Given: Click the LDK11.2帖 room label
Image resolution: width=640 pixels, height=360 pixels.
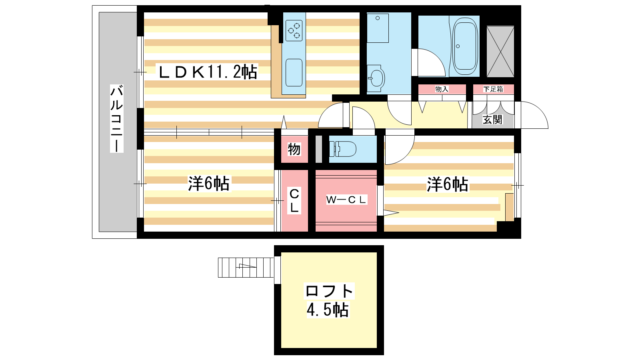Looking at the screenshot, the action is coord(208,72).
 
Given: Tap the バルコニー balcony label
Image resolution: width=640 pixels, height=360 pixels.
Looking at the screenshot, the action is coord(116,118).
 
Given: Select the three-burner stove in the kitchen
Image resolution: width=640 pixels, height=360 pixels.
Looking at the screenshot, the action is coord(294,30).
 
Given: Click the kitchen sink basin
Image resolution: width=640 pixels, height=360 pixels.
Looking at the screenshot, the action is coord(294,72).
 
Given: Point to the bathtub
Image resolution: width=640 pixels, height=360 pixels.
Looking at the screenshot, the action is coord(465,46).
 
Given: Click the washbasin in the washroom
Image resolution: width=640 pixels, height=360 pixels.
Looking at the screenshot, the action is coord(376,78).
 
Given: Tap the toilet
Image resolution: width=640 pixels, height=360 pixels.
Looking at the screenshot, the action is coord(343,149).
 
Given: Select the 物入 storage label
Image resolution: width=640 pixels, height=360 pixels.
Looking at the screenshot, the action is coord(442,89).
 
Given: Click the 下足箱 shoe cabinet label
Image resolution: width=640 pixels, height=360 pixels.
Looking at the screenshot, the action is coord(493,89).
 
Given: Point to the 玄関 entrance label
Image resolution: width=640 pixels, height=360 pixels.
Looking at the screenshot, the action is coord(492,120).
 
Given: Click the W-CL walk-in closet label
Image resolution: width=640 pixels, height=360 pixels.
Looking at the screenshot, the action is coord(346,200).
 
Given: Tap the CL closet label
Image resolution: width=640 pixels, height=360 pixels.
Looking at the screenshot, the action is coord(294,200).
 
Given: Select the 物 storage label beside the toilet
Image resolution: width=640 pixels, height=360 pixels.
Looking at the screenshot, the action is coord(294,149).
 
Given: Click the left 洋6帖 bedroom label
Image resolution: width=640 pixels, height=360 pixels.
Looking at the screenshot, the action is coord(208,184).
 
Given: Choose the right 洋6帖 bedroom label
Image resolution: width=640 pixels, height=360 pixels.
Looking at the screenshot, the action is coord(448,184).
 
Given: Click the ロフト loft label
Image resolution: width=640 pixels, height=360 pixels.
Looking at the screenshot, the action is coord(330,291).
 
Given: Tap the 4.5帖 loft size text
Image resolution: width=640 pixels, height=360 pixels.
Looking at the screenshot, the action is coord(328,310).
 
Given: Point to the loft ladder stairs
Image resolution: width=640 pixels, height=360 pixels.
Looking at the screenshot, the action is coord(246,268).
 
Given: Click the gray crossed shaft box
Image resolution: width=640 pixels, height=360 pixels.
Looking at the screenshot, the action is coord(500,52).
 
